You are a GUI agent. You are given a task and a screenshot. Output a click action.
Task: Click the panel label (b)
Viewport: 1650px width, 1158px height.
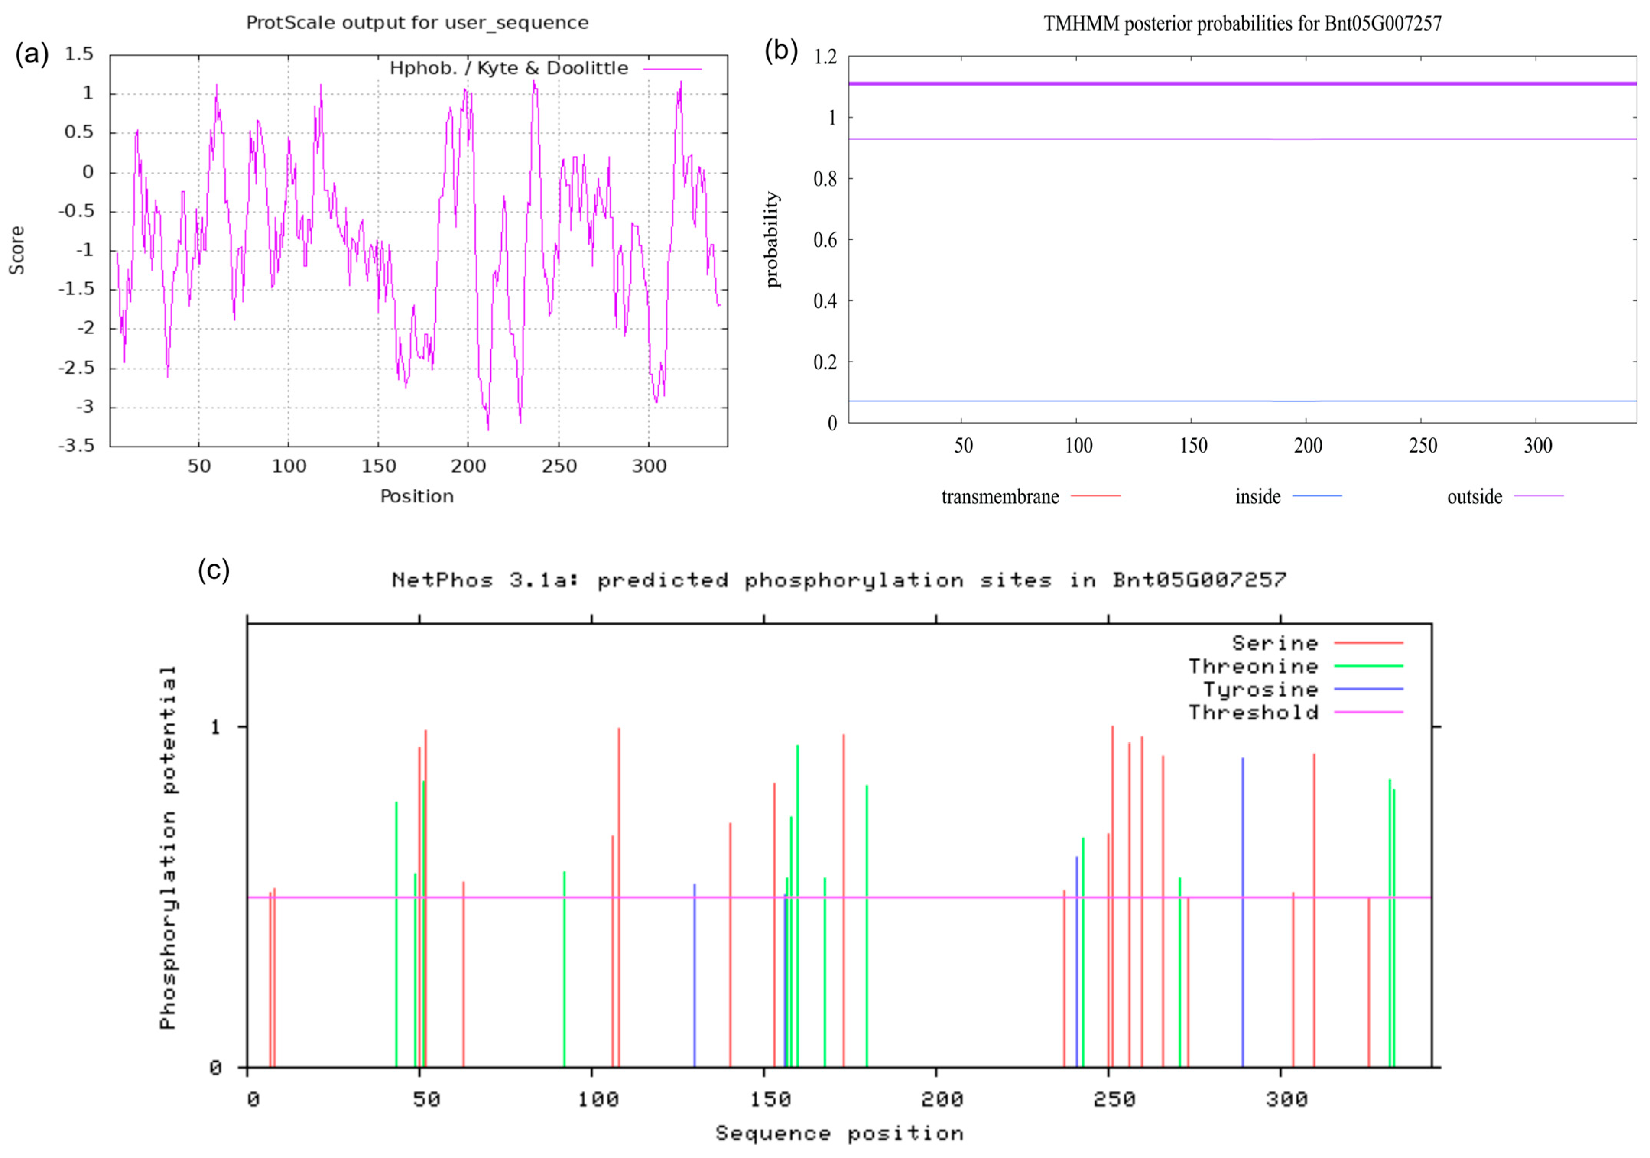coord(781,51)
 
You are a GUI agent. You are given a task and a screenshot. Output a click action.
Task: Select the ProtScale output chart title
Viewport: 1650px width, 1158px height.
coord(417,23)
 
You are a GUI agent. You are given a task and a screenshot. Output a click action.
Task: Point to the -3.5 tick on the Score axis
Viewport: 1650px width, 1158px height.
coord(76,446)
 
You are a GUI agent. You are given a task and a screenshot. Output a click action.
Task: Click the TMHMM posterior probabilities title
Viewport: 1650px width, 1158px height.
coord(1242,24)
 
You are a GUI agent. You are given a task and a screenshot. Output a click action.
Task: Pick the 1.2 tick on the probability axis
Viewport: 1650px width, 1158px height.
coord(825,57)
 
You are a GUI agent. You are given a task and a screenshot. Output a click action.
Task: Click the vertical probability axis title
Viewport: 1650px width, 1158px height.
coord(773,239)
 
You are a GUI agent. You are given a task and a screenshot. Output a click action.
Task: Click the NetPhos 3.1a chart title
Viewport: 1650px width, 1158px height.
coord(839,580)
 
